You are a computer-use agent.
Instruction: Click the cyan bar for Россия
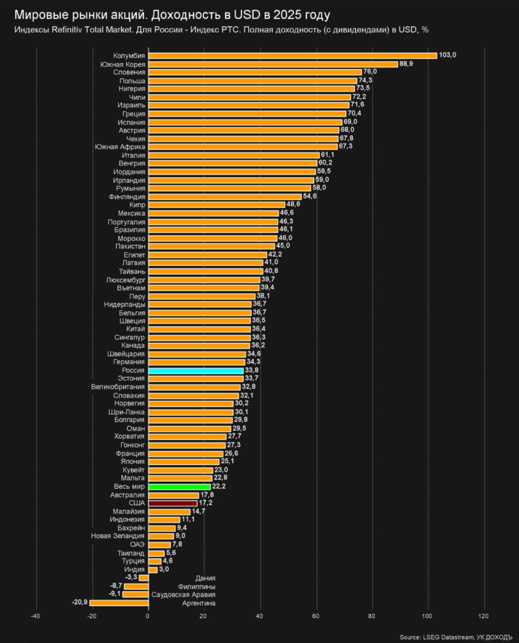(196, 371)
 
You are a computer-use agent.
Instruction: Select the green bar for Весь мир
(179, 487)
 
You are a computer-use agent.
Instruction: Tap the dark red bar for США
(173, 503)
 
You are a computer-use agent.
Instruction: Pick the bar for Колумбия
(293, 55)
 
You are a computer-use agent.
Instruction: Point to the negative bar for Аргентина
(119, 603)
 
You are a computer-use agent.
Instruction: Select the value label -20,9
(79, 602)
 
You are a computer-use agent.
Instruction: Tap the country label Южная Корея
(123, 64)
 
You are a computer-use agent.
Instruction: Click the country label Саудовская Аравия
(183, 595)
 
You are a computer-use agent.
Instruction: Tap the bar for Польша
(253, 81)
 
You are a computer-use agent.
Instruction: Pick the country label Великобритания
(118, 387)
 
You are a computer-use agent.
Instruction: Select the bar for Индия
(153, 569)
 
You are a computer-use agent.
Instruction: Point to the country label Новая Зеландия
(118, 536)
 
